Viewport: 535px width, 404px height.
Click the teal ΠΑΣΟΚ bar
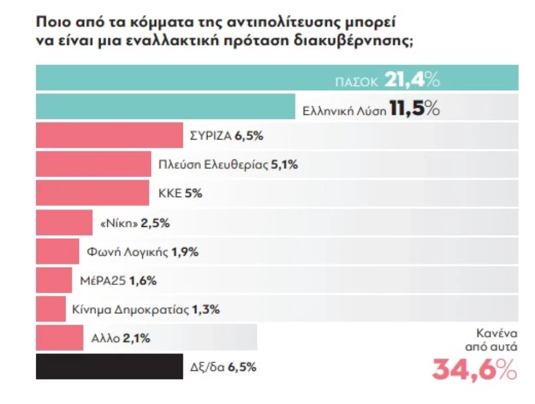(x=183, y=78)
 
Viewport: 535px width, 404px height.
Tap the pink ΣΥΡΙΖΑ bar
(x=109, y=137)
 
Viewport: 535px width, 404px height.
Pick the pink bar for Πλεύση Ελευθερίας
(x=94, y=165)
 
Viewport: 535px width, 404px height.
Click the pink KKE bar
(x=92, y=193)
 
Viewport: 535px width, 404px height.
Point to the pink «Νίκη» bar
(x=64, y=223)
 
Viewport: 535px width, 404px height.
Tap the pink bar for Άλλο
(x=60, y=338)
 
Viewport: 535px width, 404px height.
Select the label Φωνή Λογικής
(x=127, y=252)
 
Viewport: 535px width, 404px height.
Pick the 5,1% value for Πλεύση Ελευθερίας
(x=285, y=165)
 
